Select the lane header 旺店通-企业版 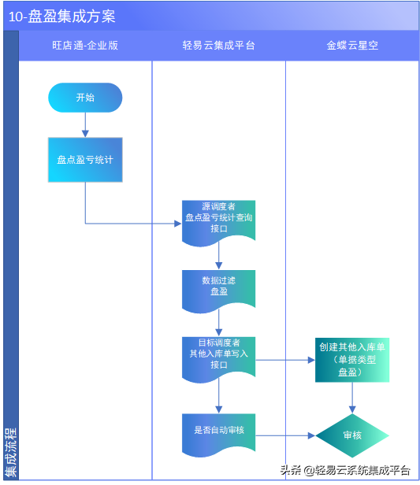(85, 46)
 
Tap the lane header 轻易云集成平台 (218, 46)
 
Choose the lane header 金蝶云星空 (352, 46)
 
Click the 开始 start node (85, 98)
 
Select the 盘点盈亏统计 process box (85, 159)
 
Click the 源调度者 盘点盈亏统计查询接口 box (218, 219)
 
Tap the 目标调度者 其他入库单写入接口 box (218, 354)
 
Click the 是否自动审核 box (218, 431)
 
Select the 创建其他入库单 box (352, 360)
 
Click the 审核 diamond (352, 435)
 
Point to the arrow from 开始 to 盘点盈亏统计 (85, 124)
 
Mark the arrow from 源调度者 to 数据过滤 (218, 257)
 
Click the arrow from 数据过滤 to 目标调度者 (218, 323)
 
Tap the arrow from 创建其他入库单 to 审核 (352, 398)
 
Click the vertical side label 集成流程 (10, 452)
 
